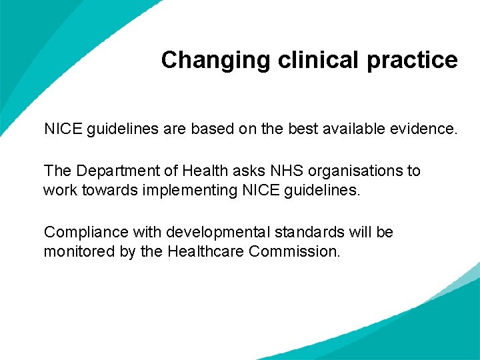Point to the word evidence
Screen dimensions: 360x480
point(425,129)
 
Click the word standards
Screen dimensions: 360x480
point(318,233)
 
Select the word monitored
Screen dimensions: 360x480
point(75,252)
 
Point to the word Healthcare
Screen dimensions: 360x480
point(206,252)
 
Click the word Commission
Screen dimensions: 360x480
point(294,252)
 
